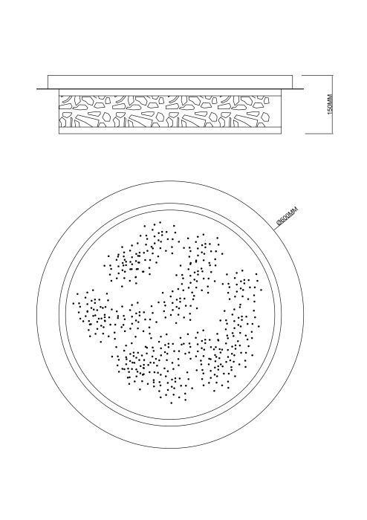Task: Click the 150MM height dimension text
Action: tap(330, 104)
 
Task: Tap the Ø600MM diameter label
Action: tap(288, 216)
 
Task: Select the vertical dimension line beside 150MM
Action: tap(332, 105)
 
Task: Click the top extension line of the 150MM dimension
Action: tap(317, 75)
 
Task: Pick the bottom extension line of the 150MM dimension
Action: tap(319, 134)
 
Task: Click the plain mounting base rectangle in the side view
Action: tap(170, 82)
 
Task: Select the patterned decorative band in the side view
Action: tap(169, 111)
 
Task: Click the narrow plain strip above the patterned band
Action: tap(169, 92)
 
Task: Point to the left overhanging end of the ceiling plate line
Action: tap(37, 89)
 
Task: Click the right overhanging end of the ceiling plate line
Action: tap(302, 89)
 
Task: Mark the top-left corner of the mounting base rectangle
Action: tap(48, 75)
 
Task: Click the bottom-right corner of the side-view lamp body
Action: tap(281, 134)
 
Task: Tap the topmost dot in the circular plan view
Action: tap(160, 223)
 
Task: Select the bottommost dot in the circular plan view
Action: tap(171, 403)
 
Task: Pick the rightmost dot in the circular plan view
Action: tap(262, 290)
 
